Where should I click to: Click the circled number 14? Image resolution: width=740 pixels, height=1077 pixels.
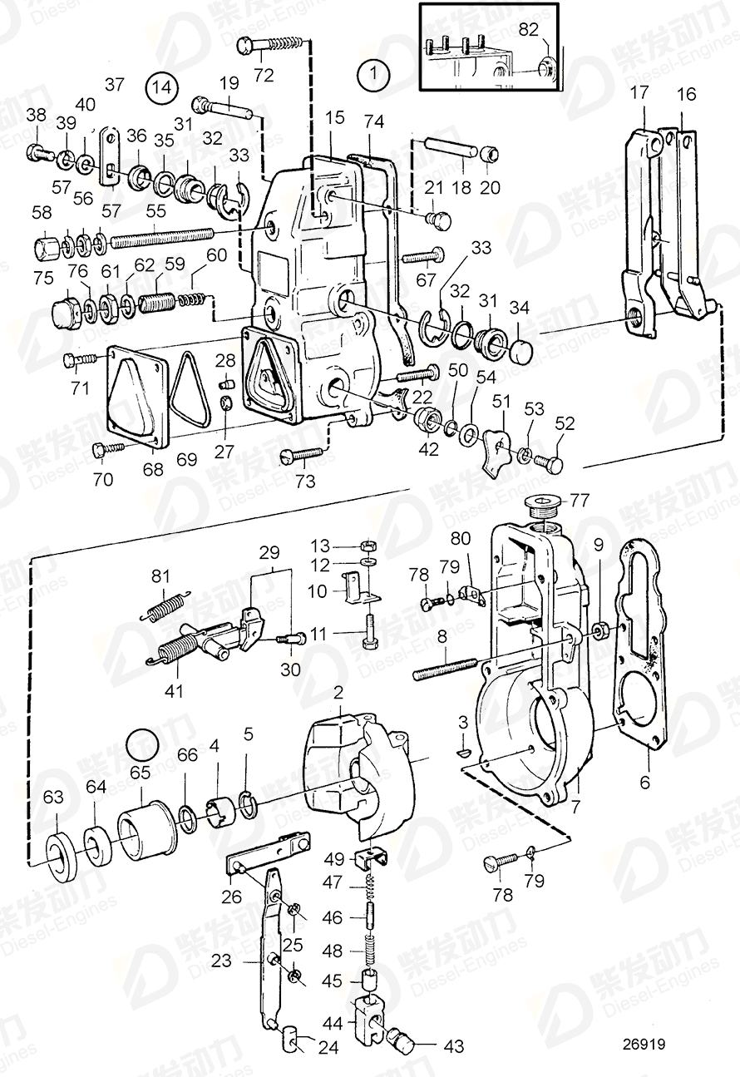click(161, 87)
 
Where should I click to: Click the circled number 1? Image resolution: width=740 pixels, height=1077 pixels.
click(373, 75)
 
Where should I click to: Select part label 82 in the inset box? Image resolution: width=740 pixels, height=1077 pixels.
click(529, 30)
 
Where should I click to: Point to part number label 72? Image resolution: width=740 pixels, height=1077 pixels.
click(264, 76)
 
